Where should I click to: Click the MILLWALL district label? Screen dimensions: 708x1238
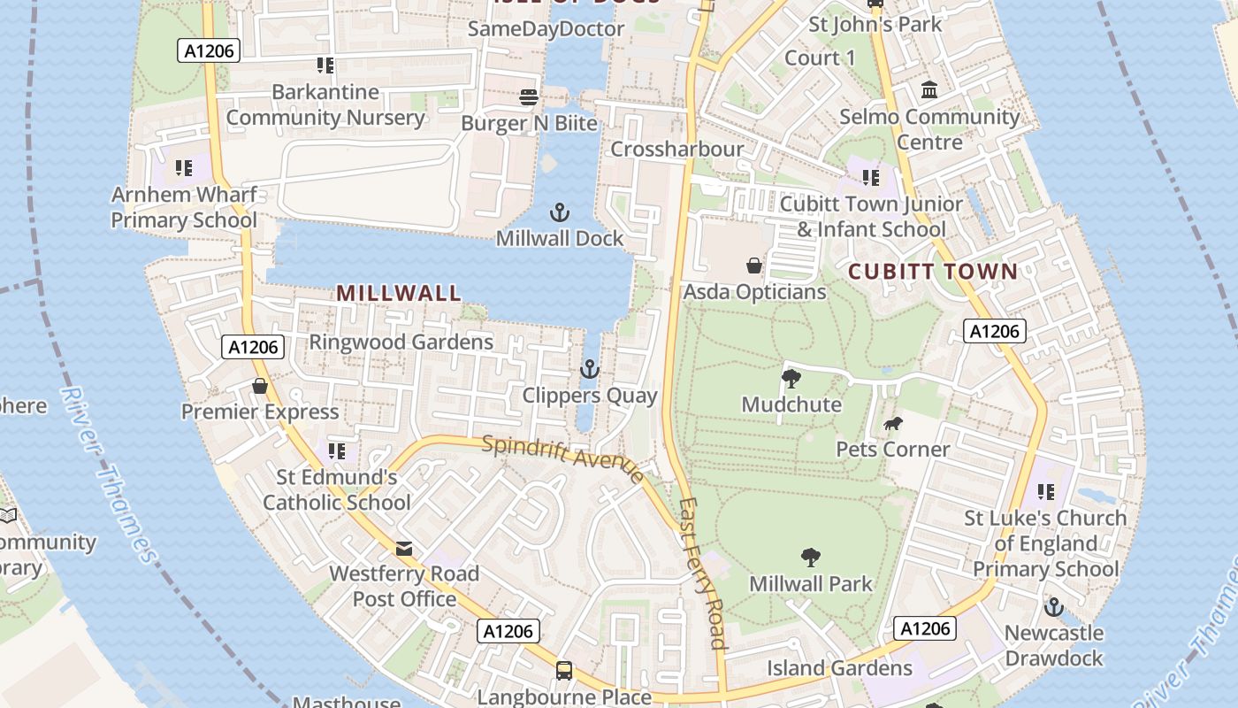(399, 293)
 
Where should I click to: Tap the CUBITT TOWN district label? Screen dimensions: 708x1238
(933, 272)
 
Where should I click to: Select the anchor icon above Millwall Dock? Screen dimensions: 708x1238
(559, 212)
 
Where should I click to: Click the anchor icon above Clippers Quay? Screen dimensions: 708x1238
(589, 369)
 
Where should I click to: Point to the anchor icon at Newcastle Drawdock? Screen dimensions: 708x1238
(1053, 607)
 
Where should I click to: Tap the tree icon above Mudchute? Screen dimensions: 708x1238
(791, 379)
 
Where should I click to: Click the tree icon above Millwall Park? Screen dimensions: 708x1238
(810, 558)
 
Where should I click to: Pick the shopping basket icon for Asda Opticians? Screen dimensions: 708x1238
(753, 265)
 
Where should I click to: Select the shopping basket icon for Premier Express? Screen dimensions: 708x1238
(260, 386)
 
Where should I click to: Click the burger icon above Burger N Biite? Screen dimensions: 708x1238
(529, 96)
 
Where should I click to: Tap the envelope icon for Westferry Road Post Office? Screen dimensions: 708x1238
(404, 549)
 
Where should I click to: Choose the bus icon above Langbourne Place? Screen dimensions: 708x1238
(564, 671)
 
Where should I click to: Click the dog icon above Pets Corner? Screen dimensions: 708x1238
(892, 424)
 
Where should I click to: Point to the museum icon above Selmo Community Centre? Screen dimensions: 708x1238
(929, 90)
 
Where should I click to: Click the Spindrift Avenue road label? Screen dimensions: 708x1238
(563, 458)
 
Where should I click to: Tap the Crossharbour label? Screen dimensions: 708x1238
(677, 149)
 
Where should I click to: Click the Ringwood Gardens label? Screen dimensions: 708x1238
(401, 342)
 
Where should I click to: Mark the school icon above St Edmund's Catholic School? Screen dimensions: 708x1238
(337, 451)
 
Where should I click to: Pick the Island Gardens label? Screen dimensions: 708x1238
(839, 668)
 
